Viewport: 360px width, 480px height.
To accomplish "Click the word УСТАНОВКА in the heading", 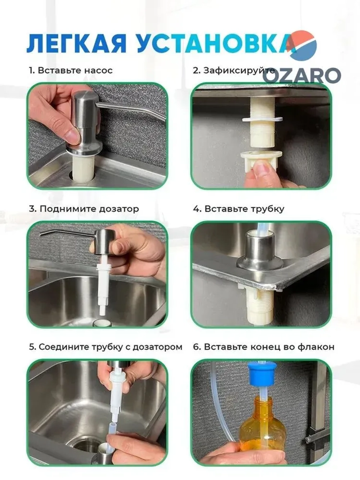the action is click(x=215, y=43).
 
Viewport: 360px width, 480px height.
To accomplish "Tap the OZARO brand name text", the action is click(x=302, y=75).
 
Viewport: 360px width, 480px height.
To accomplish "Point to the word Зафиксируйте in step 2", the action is click(x=239, y=71).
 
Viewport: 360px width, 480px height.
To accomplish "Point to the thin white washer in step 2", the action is click(x=262, y=120).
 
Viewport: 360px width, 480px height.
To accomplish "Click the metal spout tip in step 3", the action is click(x=41, y=235).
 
